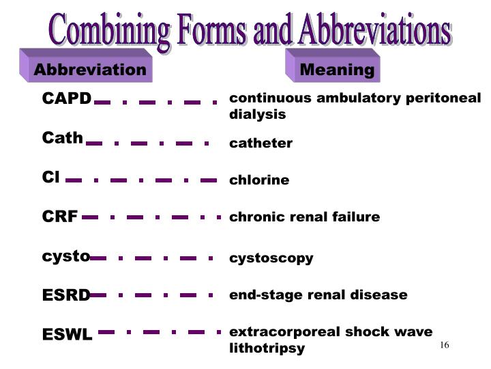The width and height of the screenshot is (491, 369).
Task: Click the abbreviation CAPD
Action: (66, 99)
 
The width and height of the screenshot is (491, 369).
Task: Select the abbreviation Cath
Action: (62, 139)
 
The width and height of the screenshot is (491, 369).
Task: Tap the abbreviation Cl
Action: (51, 178)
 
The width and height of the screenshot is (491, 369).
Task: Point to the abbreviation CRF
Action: (60, 217)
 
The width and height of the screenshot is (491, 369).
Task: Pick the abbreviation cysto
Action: (65, 257)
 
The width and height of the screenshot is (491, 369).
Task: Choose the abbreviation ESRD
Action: (66, 296)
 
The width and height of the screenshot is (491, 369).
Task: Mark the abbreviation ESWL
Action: (67, 336)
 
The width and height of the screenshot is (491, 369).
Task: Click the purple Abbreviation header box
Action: (89, 70)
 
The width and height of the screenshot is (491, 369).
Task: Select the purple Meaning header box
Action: (337, 70)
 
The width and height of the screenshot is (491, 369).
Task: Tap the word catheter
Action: (261, 143)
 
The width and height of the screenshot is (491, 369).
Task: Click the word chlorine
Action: (259, 180)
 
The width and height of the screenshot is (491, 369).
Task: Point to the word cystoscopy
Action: (271, 258)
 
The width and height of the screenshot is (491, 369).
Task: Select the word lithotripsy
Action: (267, 348)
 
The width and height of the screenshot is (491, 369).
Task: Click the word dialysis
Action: (257, 115)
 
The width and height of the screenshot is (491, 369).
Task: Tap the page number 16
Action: (444, 345)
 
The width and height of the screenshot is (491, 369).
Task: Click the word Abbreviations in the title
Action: (373, 31)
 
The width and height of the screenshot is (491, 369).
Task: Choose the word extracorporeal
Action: (284, 332)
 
